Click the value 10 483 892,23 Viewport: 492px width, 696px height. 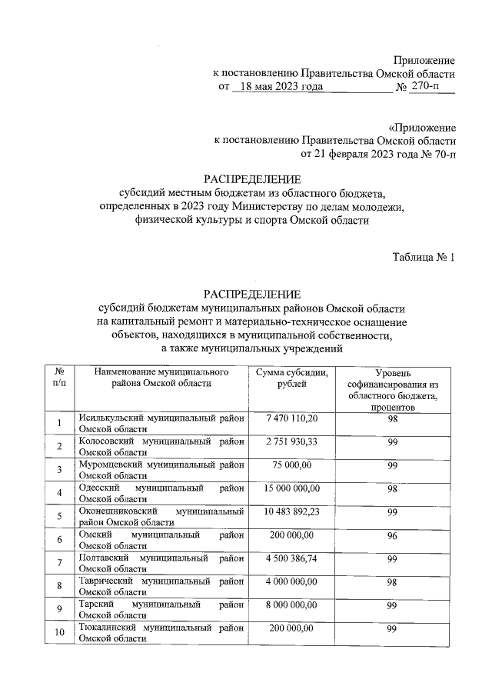(x=291, y=511)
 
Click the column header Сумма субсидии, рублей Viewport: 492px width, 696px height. (x=291, y=378)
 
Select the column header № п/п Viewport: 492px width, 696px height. (x=58, y=378)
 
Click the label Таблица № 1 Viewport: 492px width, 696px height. (x=424, y=258)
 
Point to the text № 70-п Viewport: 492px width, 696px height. (x=434, y=154)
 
